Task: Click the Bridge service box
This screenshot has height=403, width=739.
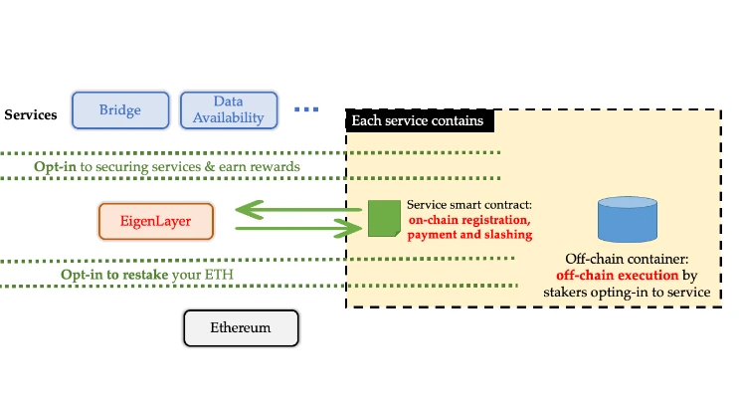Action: pos(119,110)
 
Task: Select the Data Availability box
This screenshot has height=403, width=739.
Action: pos(229,110)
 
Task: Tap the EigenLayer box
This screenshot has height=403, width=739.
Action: pos(157,221)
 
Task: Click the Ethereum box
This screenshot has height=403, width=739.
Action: pos(241,327)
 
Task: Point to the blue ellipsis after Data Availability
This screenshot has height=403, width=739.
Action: pos(306,109)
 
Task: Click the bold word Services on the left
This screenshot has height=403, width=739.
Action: pos(31,115)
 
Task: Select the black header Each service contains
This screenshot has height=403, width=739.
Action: pos(418,121)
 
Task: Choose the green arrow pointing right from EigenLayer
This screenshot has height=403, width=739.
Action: pos(298,229)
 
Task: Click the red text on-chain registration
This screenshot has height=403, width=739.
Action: pos(469,220)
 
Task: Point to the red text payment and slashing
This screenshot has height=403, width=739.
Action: pos(469,235)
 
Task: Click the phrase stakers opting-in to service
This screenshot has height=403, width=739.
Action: pos(627,292)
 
